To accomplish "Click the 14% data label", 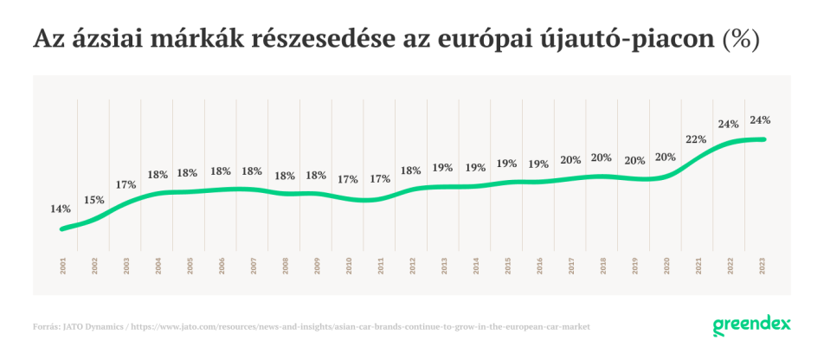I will click(61, 209).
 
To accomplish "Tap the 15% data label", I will click(93, 200).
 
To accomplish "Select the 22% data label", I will click(695, 138).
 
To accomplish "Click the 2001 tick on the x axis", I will click(63, 266).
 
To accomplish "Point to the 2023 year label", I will click(763, 266).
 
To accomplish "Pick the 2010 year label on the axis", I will click(350, 266).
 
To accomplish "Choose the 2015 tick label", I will click(508, 266).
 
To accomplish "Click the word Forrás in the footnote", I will click(45, 327).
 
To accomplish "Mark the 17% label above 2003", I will click(126, 184).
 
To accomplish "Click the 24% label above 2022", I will click(728, 124).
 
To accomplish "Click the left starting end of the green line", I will click(62, 228).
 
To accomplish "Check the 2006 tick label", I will click(222, 266).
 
